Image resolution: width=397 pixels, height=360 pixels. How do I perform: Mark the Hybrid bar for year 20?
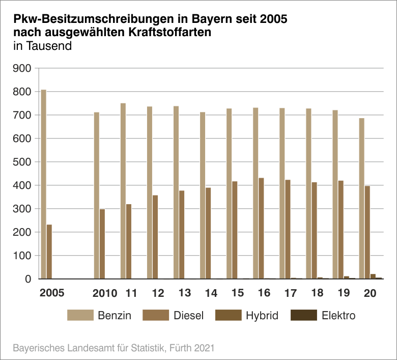373,276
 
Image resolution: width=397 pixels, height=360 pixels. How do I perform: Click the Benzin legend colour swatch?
80,316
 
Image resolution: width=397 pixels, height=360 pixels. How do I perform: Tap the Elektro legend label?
338,316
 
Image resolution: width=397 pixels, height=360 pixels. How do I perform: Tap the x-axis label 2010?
105,294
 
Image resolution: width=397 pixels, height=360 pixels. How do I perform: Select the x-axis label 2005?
52,294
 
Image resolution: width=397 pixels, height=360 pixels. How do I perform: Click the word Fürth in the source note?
176,348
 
